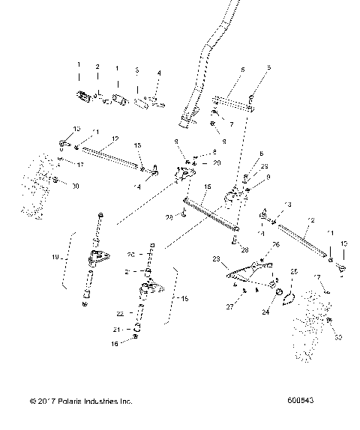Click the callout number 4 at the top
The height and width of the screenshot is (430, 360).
click(158, 73)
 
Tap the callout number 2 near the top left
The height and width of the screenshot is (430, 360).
click(97, 67)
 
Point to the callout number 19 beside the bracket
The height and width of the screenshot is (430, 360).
click(74, 257)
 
